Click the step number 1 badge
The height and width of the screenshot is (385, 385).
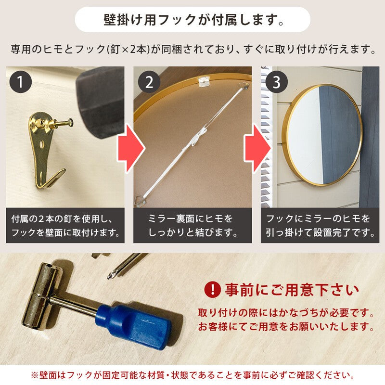point(21,82)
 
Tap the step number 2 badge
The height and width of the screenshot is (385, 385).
point(149,82)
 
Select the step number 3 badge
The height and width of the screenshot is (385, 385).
point(276,82)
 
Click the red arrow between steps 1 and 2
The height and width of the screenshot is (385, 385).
point(131,148)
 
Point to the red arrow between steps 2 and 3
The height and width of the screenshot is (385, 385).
point(257,148)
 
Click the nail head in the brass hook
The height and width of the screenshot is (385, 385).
point(70,121)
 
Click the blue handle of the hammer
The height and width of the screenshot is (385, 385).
point(133,322)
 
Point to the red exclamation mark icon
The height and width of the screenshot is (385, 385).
point(212,290)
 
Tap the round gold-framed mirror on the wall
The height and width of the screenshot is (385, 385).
point(322,135)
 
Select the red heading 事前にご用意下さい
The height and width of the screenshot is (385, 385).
point(292,290)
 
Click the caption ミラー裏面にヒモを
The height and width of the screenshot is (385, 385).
point(190,218)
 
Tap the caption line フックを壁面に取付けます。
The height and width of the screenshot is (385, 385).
point(65,232)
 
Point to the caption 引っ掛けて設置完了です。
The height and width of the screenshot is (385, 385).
point(320,232)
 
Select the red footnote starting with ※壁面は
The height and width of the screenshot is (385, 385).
point(193,375)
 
